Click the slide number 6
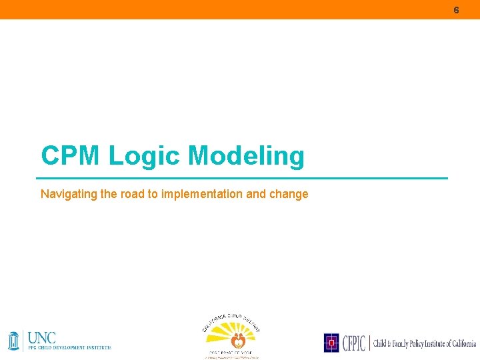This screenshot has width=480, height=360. pyautogui.click(x=456, y=10)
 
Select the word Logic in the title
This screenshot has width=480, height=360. pyautogui.click(x=144, y=156)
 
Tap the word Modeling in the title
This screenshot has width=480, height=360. pyautogui.click(x=246, y=156)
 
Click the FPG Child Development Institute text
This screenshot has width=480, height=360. pyautogui.click(x=69, y=347)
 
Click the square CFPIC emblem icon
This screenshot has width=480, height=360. pyautogui.click(x=331, y=343)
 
